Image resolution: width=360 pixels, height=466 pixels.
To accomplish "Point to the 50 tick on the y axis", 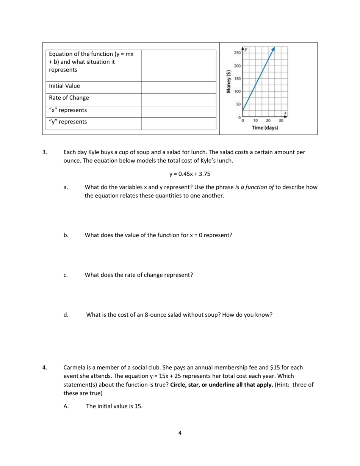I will (x=238, y=104).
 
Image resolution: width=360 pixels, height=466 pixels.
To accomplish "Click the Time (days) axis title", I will (x=265, y=128).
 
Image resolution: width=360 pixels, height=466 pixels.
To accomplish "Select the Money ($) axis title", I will (x=228, y=81).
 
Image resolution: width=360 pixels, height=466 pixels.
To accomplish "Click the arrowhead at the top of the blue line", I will (x=273, y=48).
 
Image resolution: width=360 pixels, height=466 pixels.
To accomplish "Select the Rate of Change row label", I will (x=69, y=98).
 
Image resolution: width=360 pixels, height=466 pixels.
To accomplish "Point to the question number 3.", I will (x=45, y=152).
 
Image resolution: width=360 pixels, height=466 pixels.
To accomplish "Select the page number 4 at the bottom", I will (x=180, y=433).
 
